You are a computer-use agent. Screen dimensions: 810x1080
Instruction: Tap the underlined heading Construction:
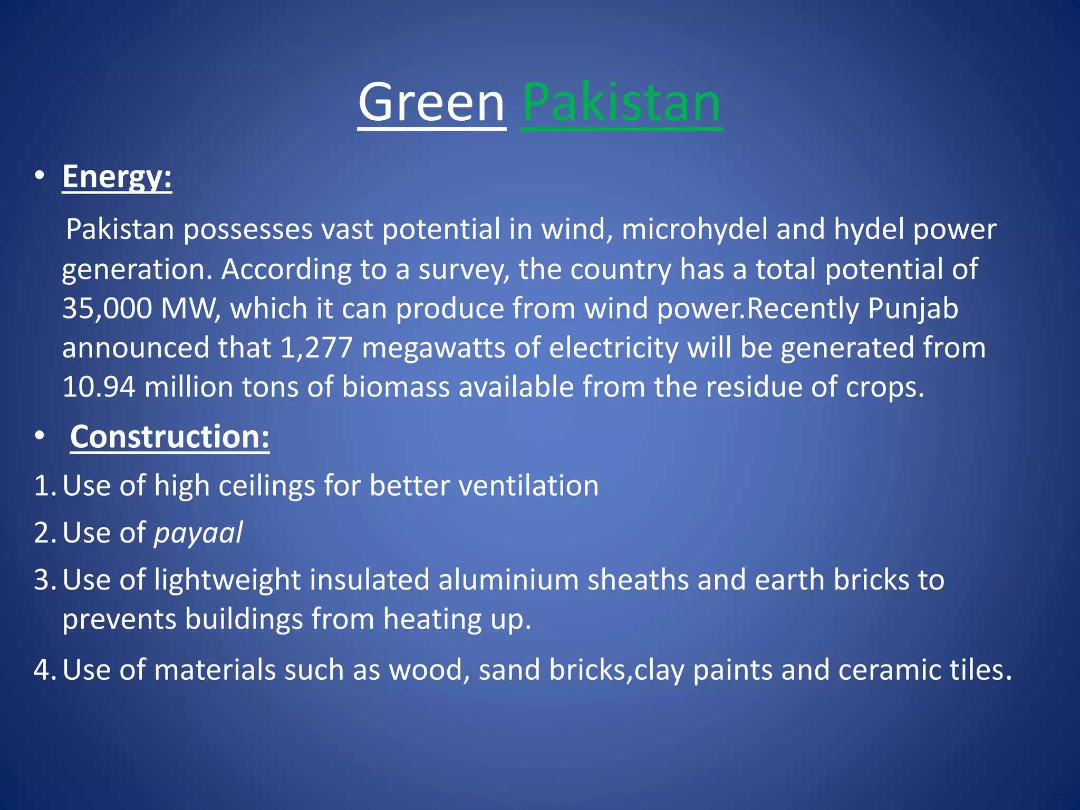point(169,437)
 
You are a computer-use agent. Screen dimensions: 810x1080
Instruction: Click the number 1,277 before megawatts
point(316,348)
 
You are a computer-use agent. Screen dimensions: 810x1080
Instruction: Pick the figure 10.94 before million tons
point(99,387)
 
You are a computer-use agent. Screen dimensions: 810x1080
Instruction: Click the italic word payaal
point(198,533)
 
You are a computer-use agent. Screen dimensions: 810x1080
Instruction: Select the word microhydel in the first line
point(694,229)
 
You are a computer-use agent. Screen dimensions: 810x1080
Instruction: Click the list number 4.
point(43,670)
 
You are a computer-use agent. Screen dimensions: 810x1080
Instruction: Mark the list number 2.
point(43,533)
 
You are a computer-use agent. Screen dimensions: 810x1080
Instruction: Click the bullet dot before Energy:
point(40,177)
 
